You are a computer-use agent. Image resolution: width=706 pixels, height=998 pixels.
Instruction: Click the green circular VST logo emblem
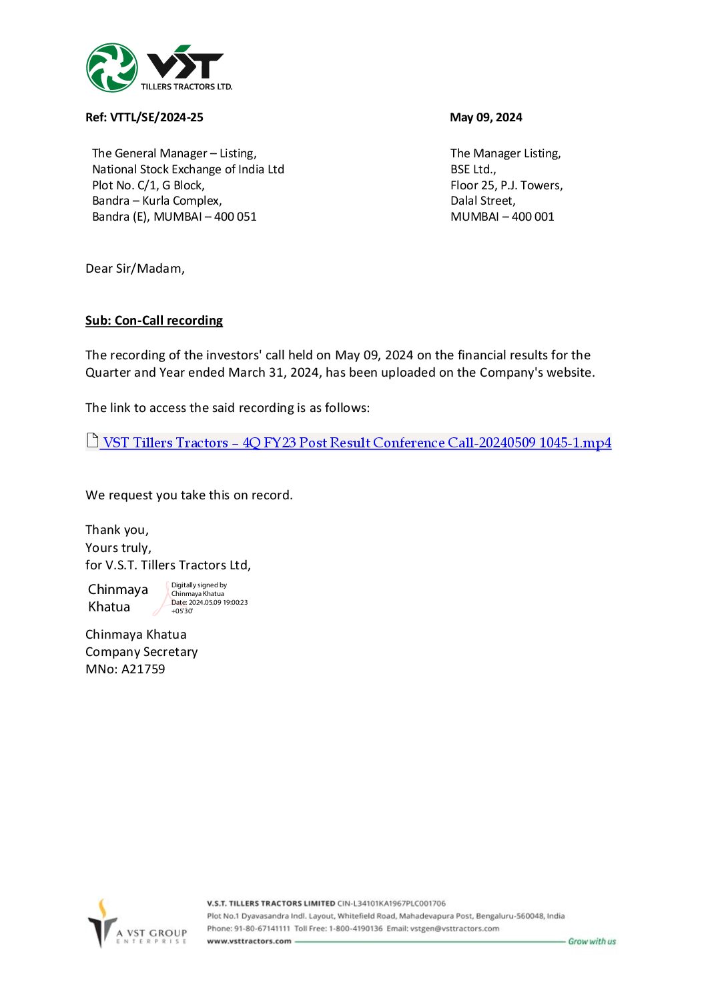tap(112, 67)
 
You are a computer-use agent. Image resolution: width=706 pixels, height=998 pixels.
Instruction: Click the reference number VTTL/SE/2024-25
tap(156, 117)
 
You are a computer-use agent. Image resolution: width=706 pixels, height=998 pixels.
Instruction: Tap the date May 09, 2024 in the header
tap(486, 117)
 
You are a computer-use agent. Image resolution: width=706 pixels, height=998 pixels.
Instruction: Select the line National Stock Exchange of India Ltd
tap(188, 169)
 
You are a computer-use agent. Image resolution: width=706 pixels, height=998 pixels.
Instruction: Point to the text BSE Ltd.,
tap(472, 169)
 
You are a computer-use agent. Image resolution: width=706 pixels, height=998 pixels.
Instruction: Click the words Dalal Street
tap(482, 201)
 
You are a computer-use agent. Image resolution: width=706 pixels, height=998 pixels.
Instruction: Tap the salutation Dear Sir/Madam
tap(135, 269)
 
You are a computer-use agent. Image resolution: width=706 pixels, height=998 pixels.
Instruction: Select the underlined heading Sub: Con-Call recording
tap(153, 321)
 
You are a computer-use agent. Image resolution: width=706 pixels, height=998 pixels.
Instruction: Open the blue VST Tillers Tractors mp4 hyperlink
tap(356, 443)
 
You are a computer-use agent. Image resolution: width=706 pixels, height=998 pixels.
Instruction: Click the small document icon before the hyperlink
tap(93, 441)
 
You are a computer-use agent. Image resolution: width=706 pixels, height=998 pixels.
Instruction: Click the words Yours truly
tap(118, 548)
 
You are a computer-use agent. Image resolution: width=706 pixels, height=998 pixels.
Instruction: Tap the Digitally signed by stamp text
tap(199, 585)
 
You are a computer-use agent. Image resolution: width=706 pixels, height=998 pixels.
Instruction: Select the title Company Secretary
tap(141, 652)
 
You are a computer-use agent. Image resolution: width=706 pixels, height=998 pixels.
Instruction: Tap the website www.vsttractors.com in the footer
tap(249, 941)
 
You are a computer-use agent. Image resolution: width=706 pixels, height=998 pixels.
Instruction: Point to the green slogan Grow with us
tap(592, 941)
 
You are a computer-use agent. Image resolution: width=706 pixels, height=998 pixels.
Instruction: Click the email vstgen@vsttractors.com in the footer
tap(454, 929)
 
